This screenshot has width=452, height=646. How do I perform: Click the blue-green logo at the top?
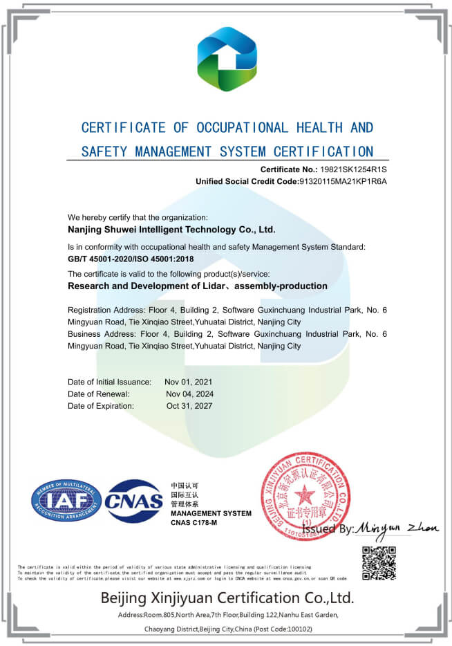pyautogui.click(x=227, y=59)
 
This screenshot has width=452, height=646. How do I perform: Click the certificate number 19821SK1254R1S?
pyautogui.click(x=354, y=169)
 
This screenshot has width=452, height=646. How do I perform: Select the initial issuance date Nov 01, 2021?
pyautogui.click(x=189, y=382)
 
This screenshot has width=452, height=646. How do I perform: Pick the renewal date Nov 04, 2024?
pyautogui.click(x=190, y=394)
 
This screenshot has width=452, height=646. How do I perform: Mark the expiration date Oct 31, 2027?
pyautogui.click(x=189, y=406)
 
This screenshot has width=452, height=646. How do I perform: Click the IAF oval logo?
pyautogui.click(x=66, y=501)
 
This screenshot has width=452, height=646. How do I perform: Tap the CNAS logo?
pyautogui.click(x=133, y=501)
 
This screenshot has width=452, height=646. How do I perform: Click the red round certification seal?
pyautogui.click(x=305, y=497)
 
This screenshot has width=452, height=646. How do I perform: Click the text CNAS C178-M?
pyautogui.click(x=194, y=523)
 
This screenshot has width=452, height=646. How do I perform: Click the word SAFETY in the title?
pyautogui.click(x=102, y=151)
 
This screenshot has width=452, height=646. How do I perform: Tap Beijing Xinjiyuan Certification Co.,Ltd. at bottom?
pyautogui.click(x=227, y=598)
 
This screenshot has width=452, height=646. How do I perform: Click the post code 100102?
pyautogui.click(x=297, y=629)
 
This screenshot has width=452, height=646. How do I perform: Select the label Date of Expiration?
pyautogui.click(x=101, y=406)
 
